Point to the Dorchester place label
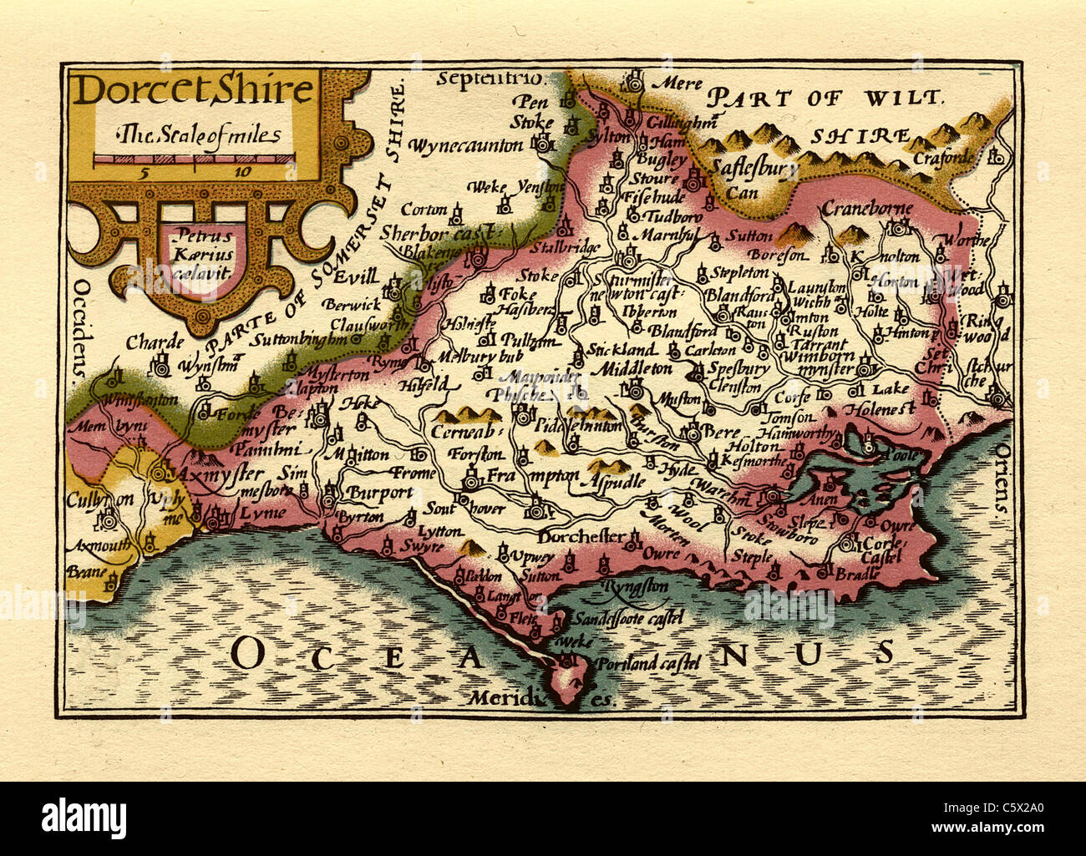[x=581, y=536]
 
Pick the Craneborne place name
[x=867, y=208]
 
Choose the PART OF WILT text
[x=823, y=98]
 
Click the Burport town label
[x=380, y=492]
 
